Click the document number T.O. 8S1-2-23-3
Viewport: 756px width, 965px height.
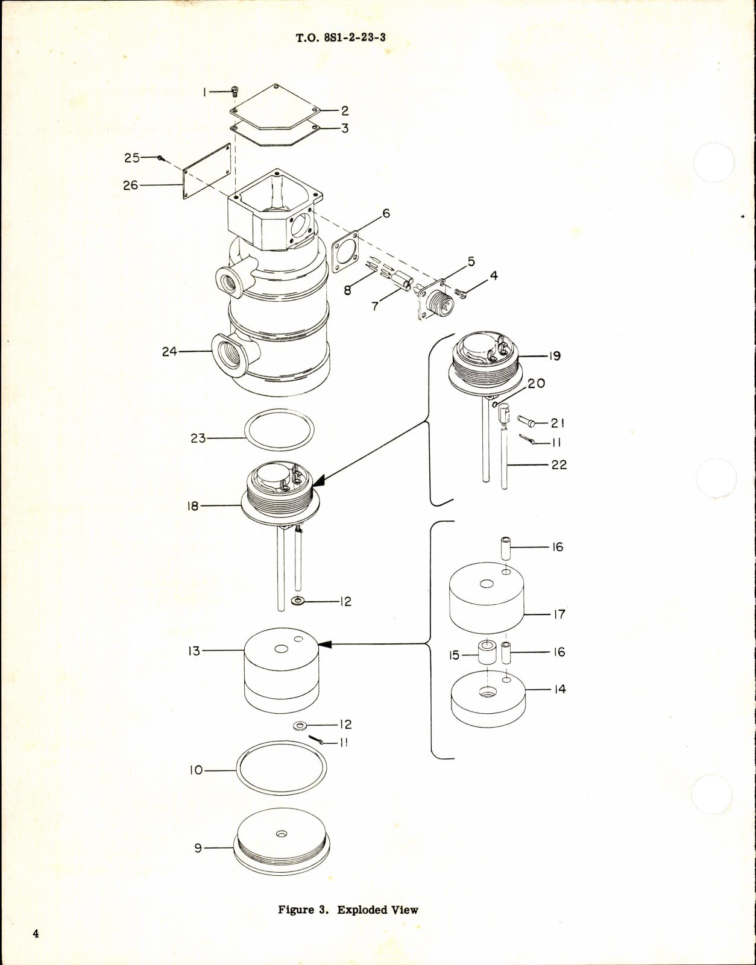pos(341,37)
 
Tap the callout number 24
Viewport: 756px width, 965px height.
pos(169,351)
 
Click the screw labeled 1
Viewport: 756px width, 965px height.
pos(235,92)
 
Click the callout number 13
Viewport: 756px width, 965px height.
pos(194,651)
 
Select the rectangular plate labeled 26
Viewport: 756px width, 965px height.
pos(207,171)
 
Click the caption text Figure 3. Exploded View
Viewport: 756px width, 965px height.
pos(348,910)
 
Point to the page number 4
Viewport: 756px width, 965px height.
pos(36,934)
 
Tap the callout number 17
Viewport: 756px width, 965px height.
pos(559,614)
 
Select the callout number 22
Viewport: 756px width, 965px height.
pos(559,464)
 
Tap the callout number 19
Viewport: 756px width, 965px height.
pos(555,355)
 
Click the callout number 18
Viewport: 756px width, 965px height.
pos(193,506)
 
